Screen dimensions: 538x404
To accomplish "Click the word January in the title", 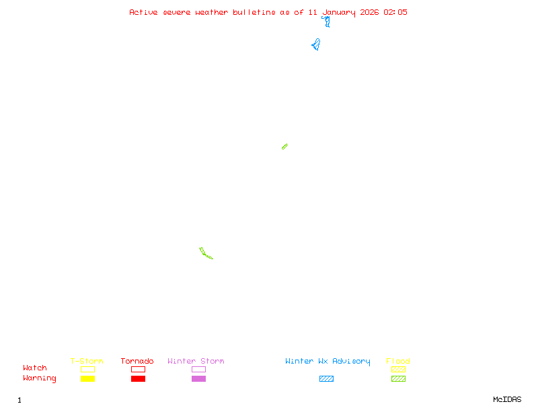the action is (x=339, y=12).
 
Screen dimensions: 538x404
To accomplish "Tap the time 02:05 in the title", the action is (x=395, y=12).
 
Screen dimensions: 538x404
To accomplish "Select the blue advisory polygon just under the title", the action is (x=327, y=22).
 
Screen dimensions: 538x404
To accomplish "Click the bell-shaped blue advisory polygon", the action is (x=316, y=45).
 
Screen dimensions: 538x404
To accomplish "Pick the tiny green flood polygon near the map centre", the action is (x=284, y=146).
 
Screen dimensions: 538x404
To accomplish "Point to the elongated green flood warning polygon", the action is (x=205, y=253).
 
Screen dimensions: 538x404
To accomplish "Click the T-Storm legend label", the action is (x=87, y=361).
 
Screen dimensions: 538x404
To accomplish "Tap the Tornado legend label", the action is (x=137, y=361).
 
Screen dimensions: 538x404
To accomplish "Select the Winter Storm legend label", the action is (x=196, y=361).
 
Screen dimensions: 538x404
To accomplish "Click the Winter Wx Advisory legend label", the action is (x=328, y=361).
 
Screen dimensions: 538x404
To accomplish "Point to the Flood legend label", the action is (x=398, y=361).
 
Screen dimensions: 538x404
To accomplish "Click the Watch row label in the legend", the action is (x=35, y=368).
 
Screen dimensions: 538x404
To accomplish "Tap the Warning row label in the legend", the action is (x=40, y=378).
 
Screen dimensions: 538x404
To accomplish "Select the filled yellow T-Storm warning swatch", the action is (x=87, y=378).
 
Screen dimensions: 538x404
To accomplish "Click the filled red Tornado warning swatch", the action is (x=138, y=378).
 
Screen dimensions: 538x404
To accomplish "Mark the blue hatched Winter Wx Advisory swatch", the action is (x=326, y=378).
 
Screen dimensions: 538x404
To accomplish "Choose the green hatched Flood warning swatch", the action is (x=398, y=378).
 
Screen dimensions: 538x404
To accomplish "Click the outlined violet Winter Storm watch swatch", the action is (x=198, y=369).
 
